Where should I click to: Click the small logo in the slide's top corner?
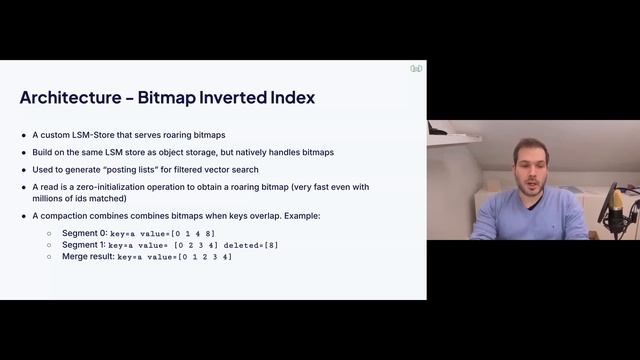click(x=416, y=69)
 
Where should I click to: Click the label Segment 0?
click(x=84, y=232)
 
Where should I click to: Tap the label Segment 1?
click(x=84, y=244)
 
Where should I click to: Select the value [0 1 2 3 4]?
click(x=205, y=257)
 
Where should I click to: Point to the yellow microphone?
click(x=617, y=204)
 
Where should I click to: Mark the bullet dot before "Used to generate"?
click(x=24, y=169)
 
